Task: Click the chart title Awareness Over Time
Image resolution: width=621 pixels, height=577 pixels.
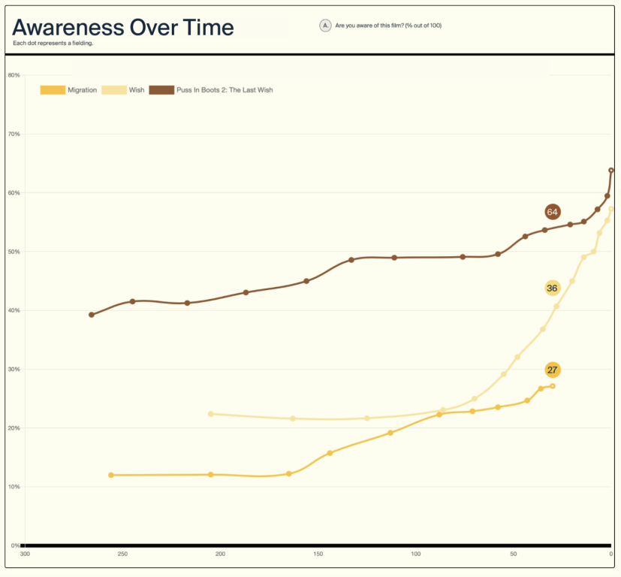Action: coord(123,28)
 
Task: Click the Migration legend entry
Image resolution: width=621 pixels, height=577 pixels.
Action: coord(68,90)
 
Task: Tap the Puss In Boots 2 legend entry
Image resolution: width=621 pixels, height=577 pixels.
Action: coord(211,90)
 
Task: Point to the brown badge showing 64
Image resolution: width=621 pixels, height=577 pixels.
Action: coord(553,212)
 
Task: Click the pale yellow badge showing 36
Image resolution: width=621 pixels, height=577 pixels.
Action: coord(553,288)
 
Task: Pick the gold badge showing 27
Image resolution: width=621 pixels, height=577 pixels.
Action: coord(553,370)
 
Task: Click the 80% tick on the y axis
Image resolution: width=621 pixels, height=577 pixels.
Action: coord(13,75)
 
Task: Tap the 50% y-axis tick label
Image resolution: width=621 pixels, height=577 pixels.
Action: coord(13,252)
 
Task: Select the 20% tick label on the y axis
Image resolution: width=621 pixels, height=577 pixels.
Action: coord(13,428)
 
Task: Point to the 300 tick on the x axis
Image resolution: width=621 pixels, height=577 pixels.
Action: coord(25,554)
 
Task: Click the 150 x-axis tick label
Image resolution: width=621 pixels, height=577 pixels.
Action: coord(318,554)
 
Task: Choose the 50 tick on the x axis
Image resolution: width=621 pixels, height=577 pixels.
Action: coord(514,554)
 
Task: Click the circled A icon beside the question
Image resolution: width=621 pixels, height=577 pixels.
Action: coord(325,26)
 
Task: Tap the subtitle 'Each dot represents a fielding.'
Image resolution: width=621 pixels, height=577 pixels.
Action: coord(53,43)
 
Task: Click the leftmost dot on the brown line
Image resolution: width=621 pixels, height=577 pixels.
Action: coord(92,315)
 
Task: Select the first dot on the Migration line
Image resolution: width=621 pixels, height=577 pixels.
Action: coord(111,475)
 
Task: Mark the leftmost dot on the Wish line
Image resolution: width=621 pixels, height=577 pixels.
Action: coord(211,414)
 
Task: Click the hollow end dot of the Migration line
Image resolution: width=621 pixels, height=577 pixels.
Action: coord(553,386)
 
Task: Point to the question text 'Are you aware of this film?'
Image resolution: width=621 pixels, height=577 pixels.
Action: coord(388,26)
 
